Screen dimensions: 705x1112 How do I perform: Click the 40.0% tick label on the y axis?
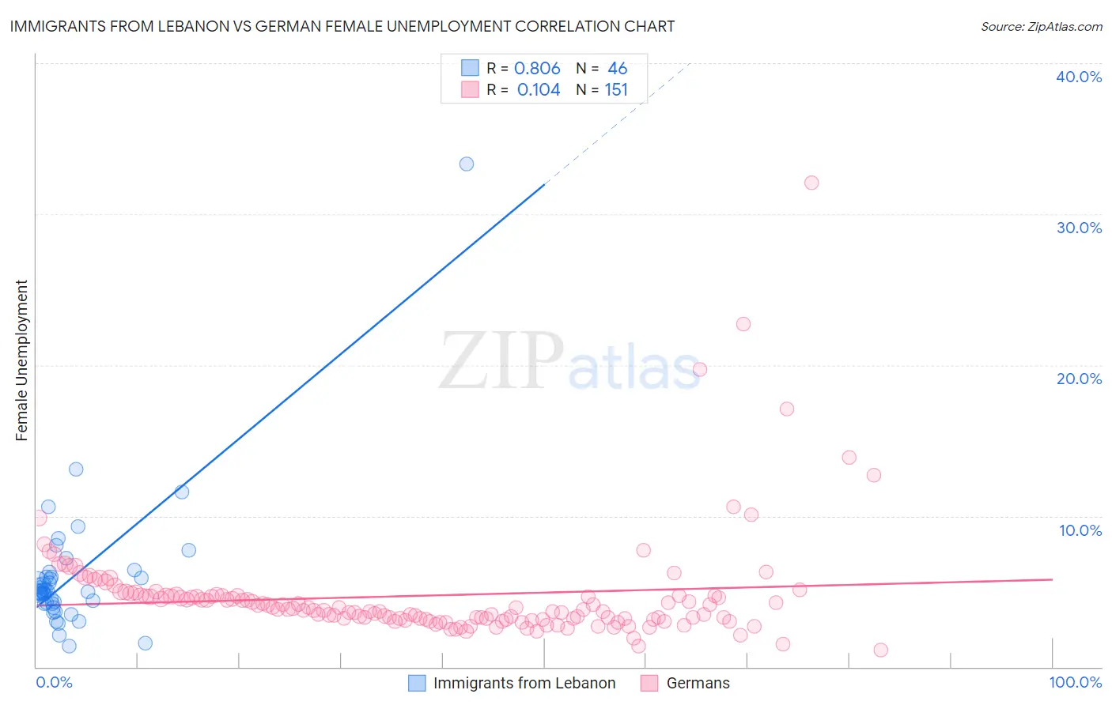pyautogui.click(x=1078, y=77)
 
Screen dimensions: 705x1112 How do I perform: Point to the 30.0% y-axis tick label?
pyautogui.click(x=1078, y=228)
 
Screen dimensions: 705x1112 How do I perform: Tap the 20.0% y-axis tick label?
pyautogui.click(x=1078, y=379)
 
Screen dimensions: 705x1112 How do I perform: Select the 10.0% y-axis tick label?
pyautogui.click(x=1080, y=530)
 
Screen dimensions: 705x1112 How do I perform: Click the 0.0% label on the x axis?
pyautogui.click(x=54, y=682)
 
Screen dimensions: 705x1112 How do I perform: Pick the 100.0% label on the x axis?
pyautogui.click(x=1075, y=682)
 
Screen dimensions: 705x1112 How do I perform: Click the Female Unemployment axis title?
pyautogui.click(x=22, y=360)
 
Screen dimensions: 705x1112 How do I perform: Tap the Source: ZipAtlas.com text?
pyautogui.click(x=1041, y=26)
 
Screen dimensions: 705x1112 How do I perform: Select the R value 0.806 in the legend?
pyautogui.click(x=537, y=68)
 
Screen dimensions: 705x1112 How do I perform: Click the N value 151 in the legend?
pyautogui.click(x=616, y=90)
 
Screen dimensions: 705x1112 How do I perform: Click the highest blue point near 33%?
pyautogui.click(x=467, y=164)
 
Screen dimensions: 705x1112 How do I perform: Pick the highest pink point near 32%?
pyautogui.click(x=811, y=183)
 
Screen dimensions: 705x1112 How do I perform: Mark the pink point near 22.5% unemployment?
pyautogui.click(x=743, y=324)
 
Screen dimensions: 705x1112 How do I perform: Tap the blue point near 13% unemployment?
pyautogui.click(x=76, y=469)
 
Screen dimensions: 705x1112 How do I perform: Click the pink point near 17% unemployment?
pyautogui.click(x=787, y=409)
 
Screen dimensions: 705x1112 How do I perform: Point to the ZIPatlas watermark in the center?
pyautogui.click(x=569, y=362)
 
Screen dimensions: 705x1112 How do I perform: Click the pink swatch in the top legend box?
pyautogui.click(x=471, y=90)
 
